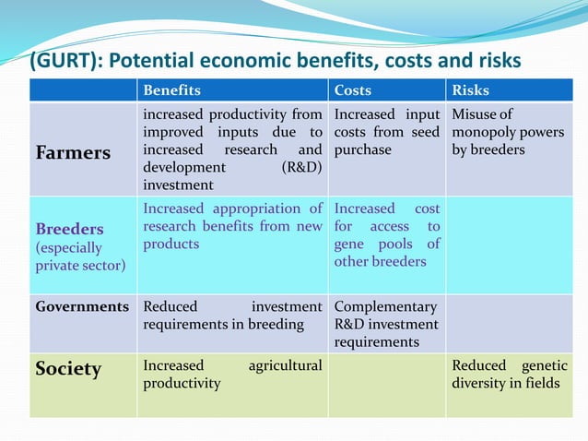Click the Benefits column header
tap(171, 90)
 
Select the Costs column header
tap(353, 90)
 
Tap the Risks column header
tap(471, 90)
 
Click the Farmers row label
tap(72, 153)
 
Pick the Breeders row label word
tap(69, 228)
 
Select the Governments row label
tap(82, 305)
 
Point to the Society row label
tap(68, 369)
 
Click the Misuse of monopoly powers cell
tap(507, 132)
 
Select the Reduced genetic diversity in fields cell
tap(510, 375)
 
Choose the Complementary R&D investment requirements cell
tap(385, 323)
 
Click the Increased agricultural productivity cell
tap(232, 375)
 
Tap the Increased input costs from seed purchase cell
tap(386, 132)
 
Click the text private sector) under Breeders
tap(80, 266)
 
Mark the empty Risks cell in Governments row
tap(510, 323)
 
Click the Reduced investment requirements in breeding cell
tap(232, 315)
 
